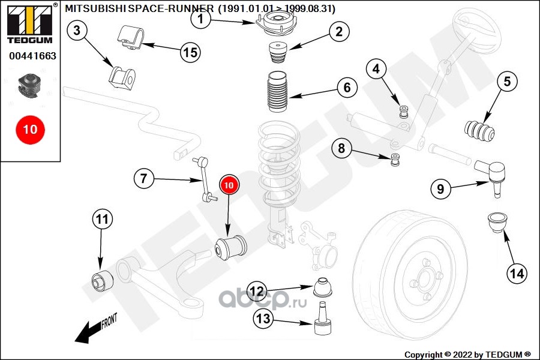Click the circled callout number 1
coord(202,19)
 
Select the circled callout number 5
coord(506,81)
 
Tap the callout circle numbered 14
coord(517,274)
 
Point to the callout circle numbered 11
coord(102,220)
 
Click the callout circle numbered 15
coord(190,52)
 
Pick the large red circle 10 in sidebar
coord(30,129)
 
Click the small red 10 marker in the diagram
coord(229,186)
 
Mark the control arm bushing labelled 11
coord(101,280)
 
